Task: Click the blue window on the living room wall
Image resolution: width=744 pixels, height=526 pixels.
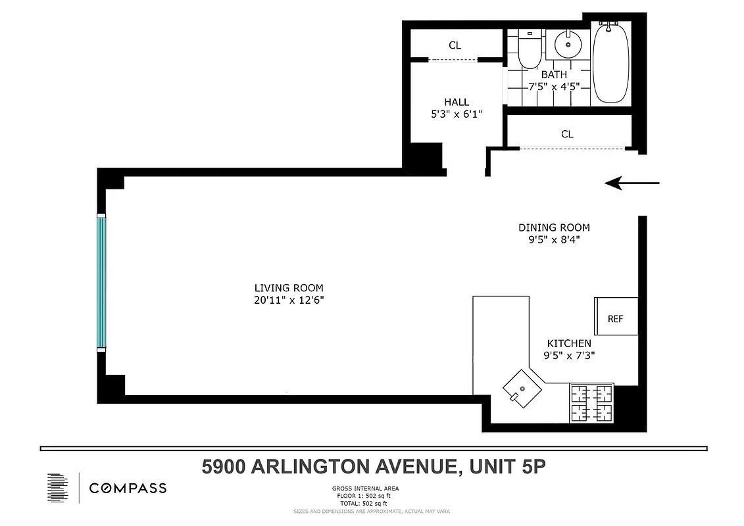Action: [101, 282]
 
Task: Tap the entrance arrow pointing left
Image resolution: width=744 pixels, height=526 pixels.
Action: [632, 183]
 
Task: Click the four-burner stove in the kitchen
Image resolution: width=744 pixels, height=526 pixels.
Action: [591, 403]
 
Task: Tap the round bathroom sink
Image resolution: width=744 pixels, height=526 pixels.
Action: [567, 44]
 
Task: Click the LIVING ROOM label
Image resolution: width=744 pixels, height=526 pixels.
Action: [289, 288]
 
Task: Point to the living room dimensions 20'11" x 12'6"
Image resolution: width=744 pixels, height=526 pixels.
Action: [289, 300]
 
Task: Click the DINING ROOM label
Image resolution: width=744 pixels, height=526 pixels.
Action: [554, 227]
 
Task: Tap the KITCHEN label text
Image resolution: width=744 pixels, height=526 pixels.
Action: [569, 343]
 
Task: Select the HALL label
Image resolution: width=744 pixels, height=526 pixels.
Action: [457, 102]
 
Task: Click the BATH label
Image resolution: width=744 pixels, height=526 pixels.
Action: [553, 74]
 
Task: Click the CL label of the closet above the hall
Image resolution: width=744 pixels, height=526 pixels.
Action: [455, 45]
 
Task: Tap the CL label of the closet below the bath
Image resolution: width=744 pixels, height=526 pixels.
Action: [567, 133]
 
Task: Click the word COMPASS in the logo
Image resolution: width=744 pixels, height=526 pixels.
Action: [128, 488]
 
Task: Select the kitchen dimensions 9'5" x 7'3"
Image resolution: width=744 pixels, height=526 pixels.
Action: [569, 356]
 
